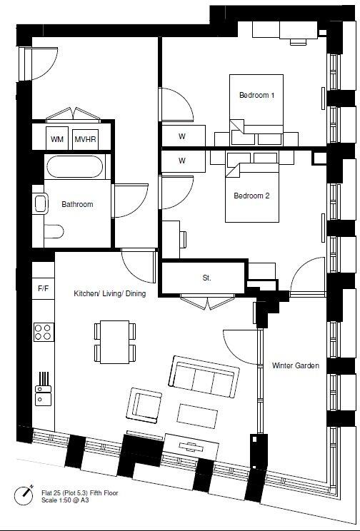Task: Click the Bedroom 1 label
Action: pos(256,95)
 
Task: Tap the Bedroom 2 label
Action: pos(252,196)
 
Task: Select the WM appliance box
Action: pos(56,139)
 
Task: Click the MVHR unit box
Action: pos(86,139)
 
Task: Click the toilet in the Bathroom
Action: pos(52,231)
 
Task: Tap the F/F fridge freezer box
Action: pos(43,289)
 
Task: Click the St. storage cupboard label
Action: pos(206,278)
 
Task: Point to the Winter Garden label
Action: pos(295,365)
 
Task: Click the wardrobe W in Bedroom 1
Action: pos(181,136)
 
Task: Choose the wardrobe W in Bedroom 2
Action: pos(181,161)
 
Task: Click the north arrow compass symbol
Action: pos(26,492)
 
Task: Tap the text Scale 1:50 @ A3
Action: pos(69,500)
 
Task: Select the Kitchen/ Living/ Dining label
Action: pos(109,293)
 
